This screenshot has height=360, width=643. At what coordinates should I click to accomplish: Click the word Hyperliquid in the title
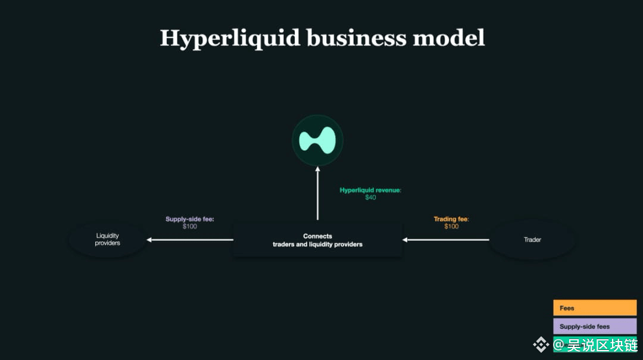pos(230,38)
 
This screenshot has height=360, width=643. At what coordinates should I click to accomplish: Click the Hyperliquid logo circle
pos(317,140)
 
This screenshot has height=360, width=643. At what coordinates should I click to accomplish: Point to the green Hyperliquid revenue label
pos(370,190)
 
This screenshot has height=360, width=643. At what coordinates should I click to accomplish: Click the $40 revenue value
pos(370,198)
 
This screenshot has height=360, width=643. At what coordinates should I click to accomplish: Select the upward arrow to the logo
pos(317,193)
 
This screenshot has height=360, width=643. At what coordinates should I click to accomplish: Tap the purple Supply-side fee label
pos(189,219)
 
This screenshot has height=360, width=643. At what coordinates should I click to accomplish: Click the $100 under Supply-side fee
pos(189,227)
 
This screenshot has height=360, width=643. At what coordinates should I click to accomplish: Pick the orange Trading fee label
pos(451,219)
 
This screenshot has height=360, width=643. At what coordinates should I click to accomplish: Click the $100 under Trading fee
pos(451,227)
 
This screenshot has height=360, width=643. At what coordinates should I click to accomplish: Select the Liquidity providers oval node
pos(108,239)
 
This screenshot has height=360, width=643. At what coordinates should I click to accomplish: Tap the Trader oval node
pos(532,240)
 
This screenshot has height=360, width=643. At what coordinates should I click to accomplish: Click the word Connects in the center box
pos(317,236)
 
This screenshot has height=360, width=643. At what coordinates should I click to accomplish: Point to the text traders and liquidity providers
pos(317,245)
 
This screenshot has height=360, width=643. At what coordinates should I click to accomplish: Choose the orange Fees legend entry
pos(594,308)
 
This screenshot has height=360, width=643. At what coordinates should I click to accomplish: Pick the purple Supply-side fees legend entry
pos(594,327)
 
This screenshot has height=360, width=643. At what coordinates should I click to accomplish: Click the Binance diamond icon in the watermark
pos(541,345)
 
